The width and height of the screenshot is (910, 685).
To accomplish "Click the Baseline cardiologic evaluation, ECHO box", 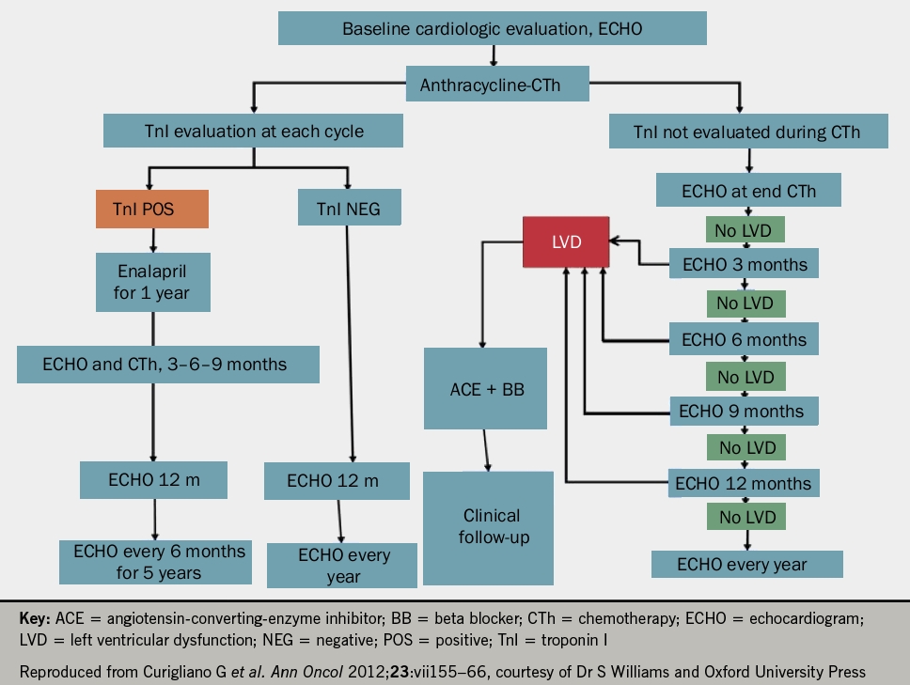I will coord(492,28).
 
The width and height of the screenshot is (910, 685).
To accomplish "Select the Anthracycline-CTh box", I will coord(497,86).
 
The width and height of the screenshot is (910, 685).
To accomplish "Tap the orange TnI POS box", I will coord(151,210).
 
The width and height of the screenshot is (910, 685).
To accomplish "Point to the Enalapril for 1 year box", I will coord(152,283).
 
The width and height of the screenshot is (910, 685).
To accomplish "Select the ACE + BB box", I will coord(485,389).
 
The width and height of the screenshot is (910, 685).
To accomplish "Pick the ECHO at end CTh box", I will coord(748,191).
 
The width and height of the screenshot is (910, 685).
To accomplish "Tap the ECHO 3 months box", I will coord(744,264).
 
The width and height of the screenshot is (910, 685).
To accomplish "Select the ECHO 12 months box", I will coord(743,484).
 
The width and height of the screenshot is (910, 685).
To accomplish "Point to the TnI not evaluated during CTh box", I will coord(747,132).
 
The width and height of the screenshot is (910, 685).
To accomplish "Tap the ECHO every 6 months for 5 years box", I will coord(159,561).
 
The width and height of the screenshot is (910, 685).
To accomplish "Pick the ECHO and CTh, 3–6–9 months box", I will coord(168,365).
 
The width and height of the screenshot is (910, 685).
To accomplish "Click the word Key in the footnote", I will coord(35,620).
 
